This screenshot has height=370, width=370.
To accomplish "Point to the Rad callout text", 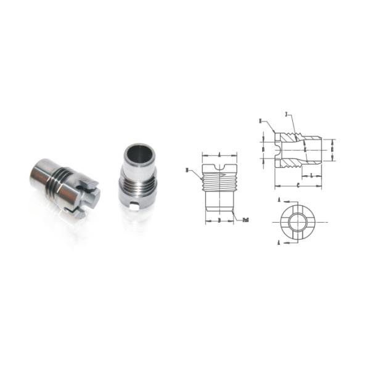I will click(245, 219).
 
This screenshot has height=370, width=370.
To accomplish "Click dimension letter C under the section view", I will click(298, 184).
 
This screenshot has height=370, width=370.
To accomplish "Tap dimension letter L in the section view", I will click(312, 176).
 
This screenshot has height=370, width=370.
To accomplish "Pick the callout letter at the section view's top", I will click(287, 115).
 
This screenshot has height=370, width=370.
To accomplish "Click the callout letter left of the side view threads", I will click(187, 168).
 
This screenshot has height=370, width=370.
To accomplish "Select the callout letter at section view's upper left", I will click(261, 120).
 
